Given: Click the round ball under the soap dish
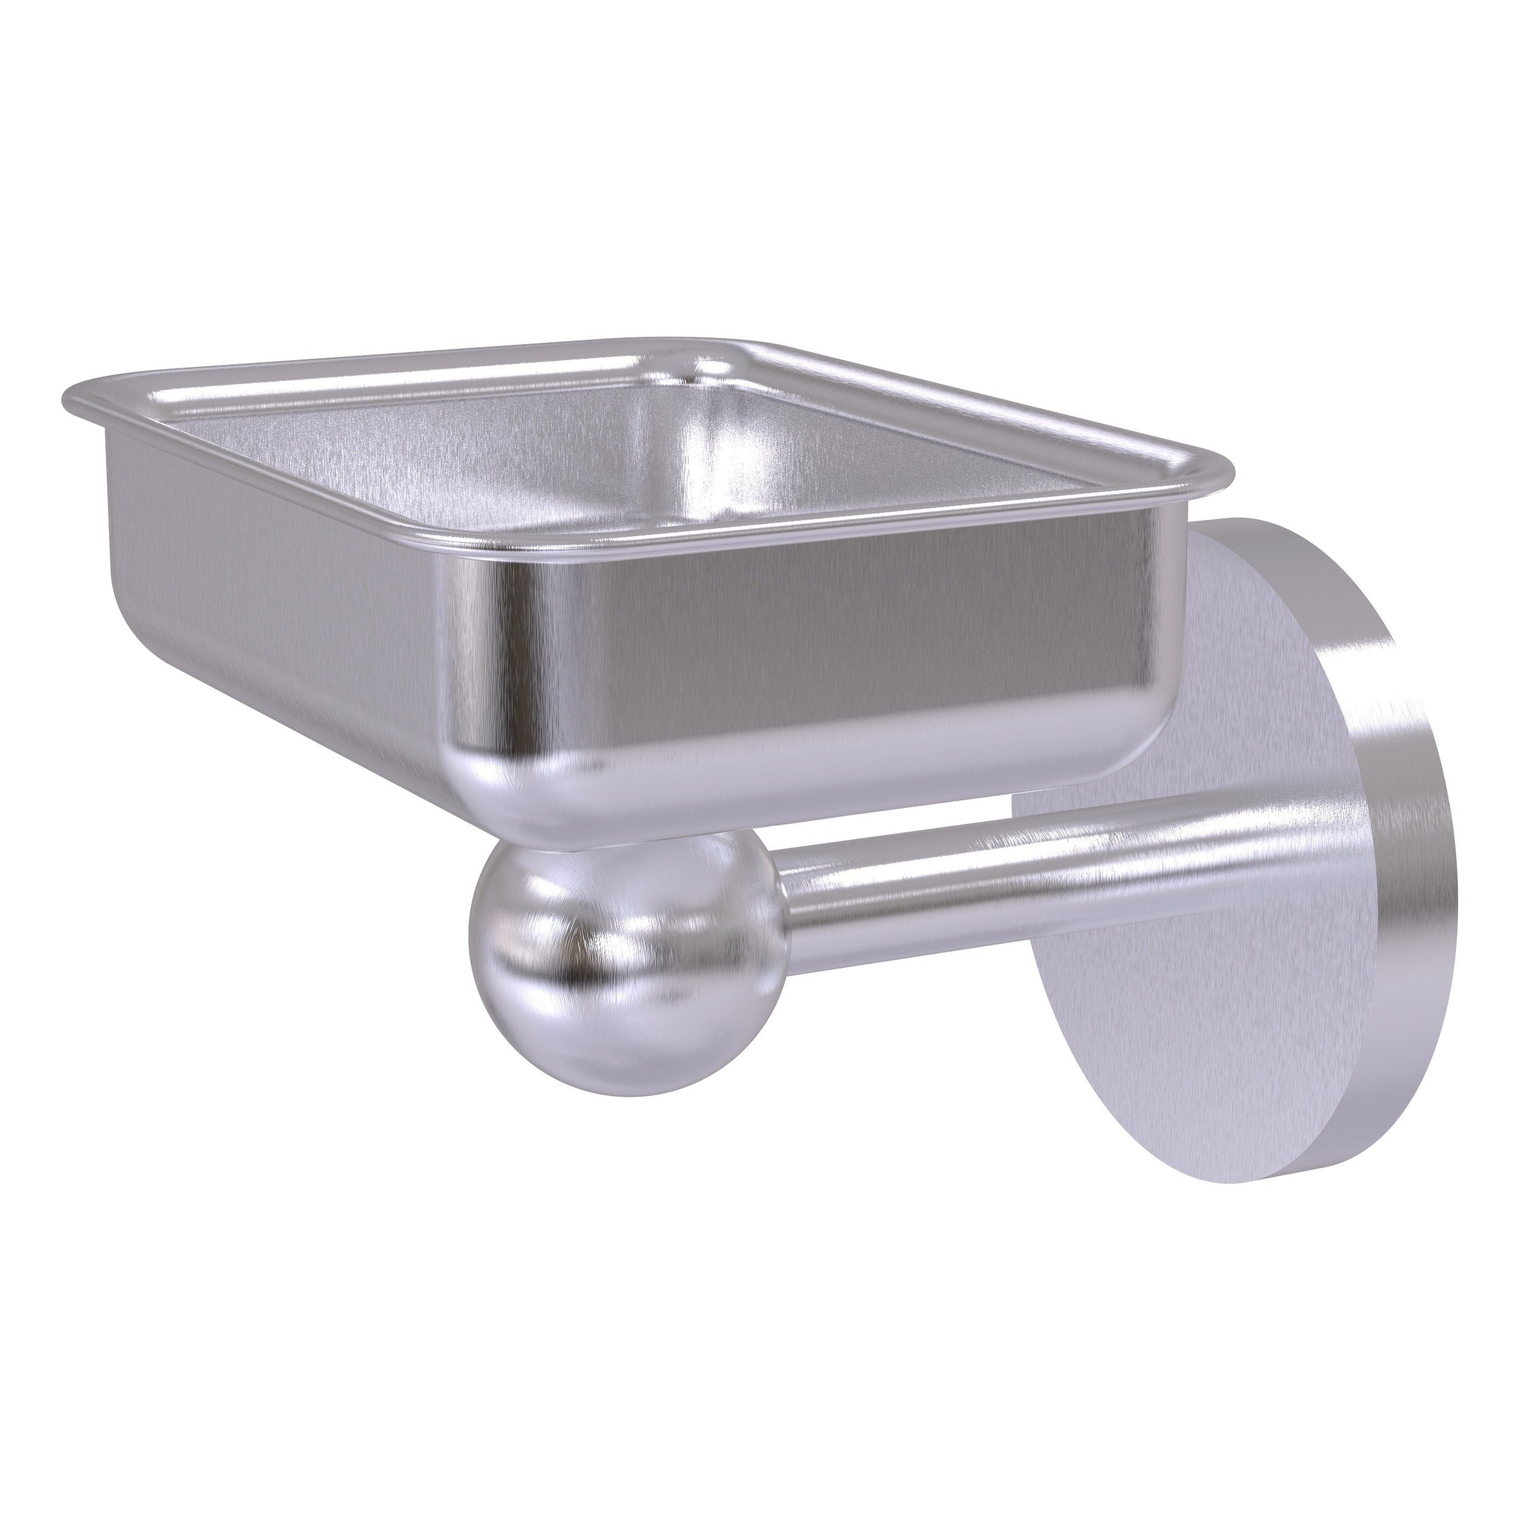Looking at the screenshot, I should (x=626, y=956).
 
